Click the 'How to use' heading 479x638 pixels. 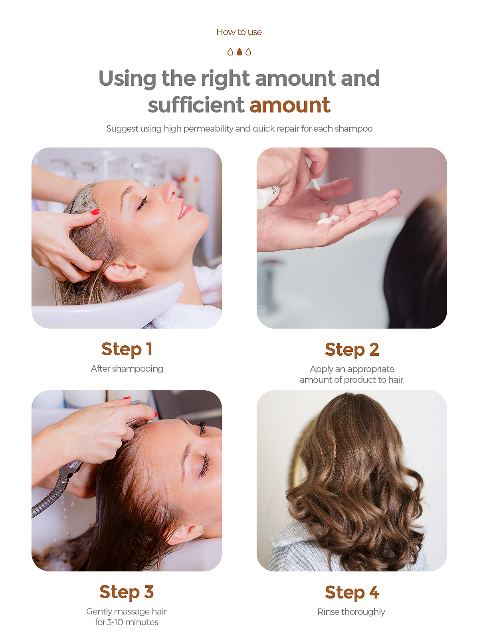click(x=239, y=32)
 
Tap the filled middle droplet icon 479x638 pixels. click(x=239, y=52)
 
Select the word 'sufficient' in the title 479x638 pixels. click(x=196, y=104)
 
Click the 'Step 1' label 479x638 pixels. click(x=127, y=349)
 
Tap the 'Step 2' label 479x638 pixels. click(x=352, y=350)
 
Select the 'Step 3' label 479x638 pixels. click(x=127, y=593)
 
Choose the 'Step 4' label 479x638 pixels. click(x=352, y=593)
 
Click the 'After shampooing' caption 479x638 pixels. click(x=127, y=368)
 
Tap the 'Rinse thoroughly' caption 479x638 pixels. click(x=351, y=612)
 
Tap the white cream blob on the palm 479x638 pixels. click(x=327, y=218)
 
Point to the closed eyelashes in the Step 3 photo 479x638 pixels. click(x=205, y=465)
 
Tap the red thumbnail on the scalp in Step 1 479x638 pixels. click(x=95, y=212)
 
